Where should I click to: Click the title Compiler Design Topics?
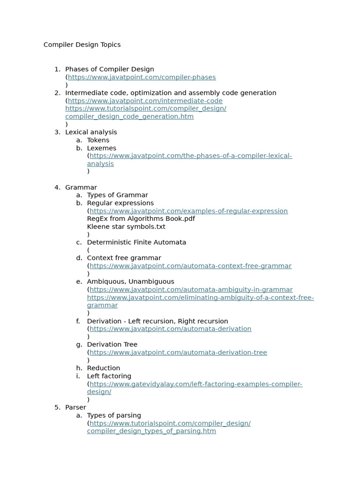[x=82, y=45]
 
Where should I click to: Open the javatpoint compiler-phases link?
[x=142, y=77]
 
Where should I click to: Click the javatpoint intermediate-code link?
[x=145, y=101]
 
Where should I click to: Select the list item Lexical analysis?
[x=91, y=132]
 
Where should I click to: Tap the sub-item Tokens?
[x=98, y=140]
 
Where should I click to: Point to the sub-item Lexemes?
[x=101, y=148]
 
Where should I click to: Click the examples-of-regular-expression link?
[x=188, y=211]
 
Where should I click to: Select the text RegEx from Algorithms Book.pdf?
[x=141, y=219]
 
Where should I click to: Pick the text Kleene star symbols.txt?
[x=126, y=227]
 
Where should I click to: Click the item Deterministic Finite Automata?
[x=136, y=242]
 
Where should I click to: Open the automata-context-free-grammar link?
[x=190, y=266]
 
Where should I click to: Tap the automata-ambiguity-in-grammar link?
[x=191, y=290]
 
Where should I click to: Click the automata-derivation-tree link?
[x=178, y=352]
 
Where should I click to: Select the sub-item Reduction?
[x=103, y=368]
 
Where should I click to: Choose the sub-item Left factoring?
[x=109, y=376]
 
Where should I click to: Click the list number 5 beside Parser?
[x=57, y=407]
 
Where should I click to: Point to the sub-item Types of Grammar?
[x=117, y=195]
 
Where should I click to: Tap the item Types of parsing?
[x=114, y=415]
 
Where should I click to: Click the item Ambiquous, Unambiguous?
[x=130, y=282]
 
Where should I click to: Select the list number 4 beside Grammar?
[x=57, y=187]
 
